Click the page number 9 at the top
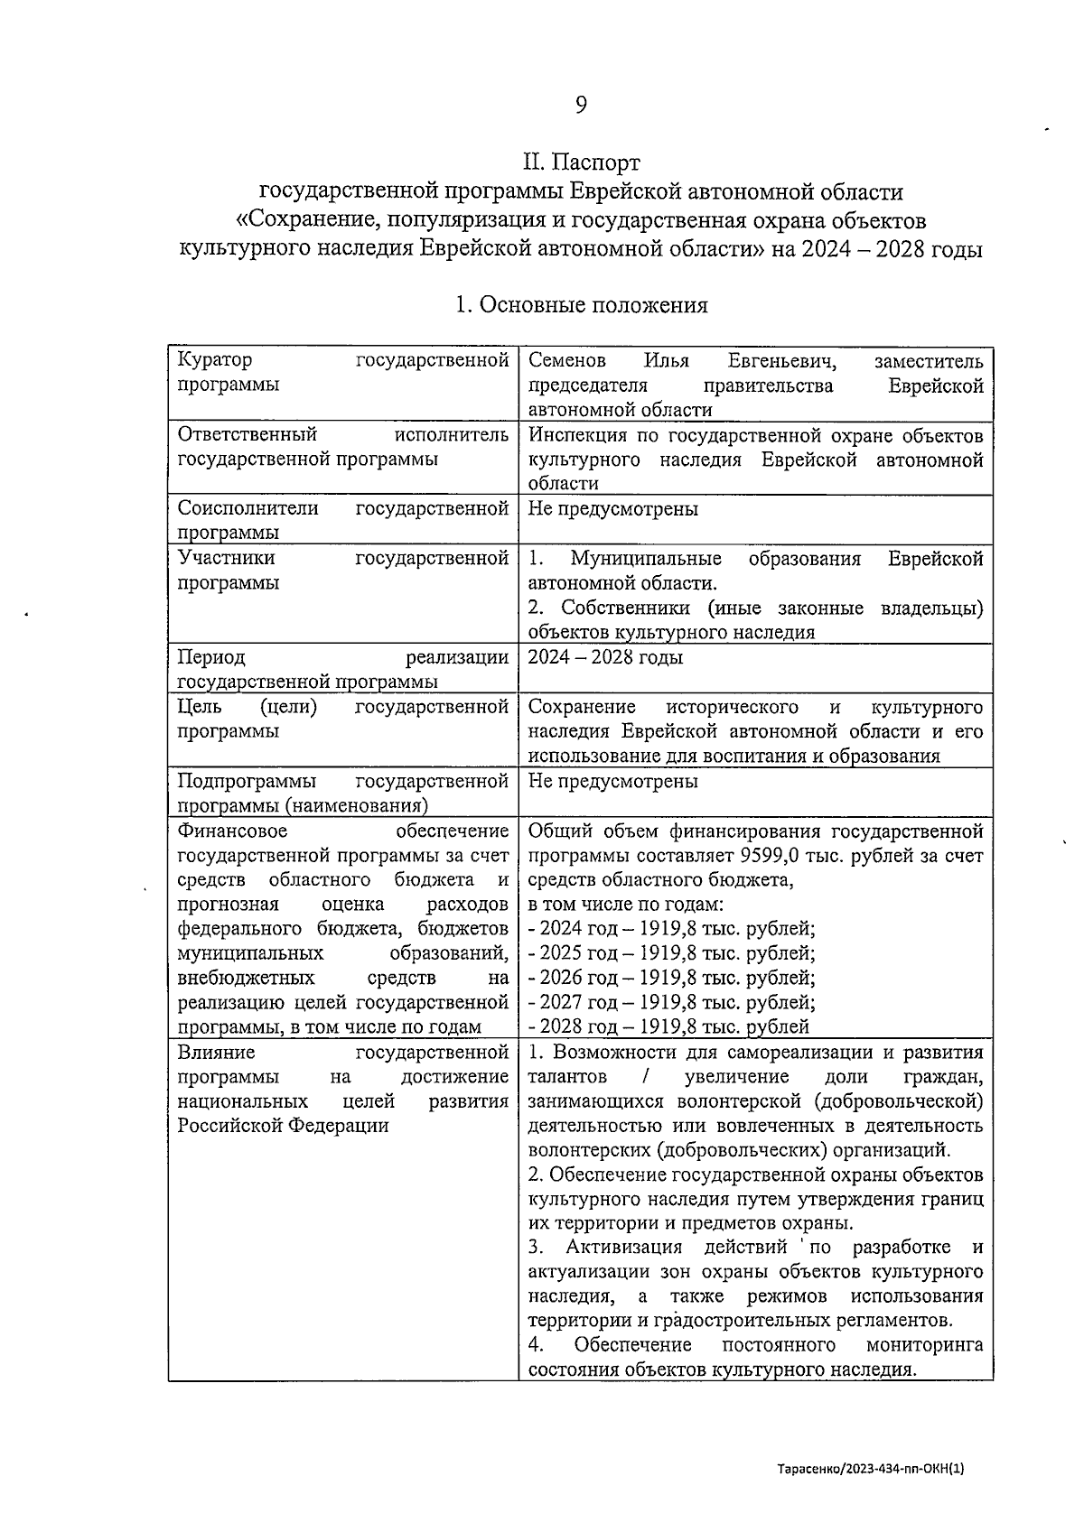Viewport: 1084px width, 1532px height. tap(581, 106)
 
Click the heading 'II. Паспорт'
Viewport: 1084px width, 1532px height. tap(581, 162)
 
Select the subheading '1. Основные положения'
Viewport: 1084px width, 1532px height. tap(581, 305)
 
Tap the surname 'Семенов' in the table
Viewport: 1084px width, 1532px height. tap(567, 361)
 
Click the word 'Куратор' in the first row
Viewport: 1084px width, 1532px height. tap(215, 360)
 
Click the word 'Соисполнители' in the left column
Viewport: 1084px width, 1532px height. tap(248, 508)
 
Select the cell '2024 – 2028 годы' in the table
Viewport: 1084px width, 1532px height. tap(605, 657)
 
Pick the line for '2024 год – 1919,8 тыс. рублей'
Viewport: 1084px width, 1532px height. tap(671, 929)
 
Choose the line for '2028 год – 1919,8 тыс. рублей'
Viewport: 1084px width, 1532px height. tap(668, 1026)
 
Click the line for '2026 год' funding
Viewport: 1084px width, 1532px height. tap(671, 978)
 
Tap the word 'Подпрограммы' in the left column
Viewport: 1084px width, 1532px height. tap(247, 781)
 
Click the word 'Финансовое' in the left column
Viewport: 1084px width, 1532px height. tap(232, 831)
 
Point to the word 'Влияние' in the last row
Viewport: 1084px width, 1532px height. tap(216, 1052)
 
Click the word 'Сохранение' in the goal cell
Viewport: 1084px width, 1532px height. tap(582, 707)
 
